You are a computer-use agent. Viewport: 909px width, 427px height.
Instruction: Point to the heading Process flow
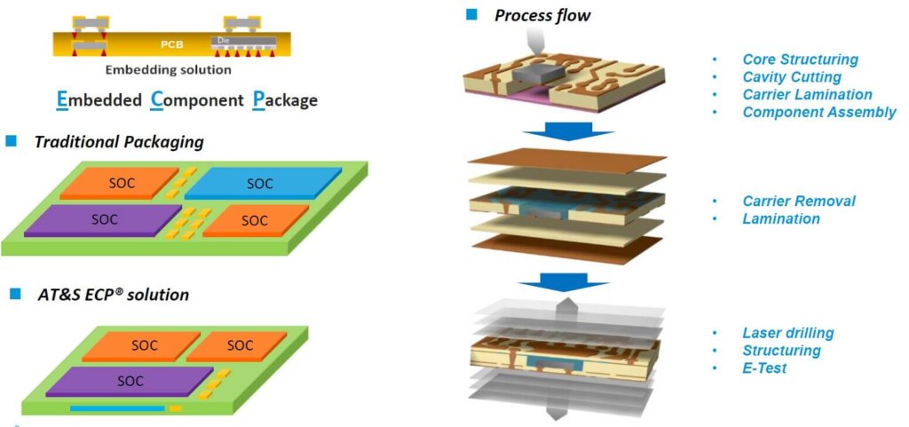pos(541,15)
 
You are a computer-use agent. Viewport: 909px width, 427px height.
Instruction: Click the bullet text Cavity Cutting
pos(792,77)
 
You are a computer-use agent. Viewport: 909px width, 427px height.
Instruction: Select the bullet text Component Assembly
pos(818,112)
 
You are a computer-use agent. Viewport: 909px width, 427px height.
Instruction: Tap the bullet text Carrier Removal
pos(798,201)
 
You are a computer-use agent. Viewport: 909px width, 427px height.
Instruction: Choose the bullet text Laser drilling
pos(787,333)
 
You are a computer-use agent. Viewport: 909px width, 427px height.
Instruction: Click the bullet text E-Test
pos(764,368)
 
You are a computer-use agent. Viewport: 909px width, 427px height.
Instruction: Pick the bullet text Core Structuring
pos(800,59)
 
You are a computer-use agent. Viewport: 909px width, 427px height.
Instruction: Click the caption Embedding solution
pos(168,69)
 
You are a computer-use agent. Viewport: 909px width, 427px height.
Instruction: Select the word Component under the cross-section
pos(197,99)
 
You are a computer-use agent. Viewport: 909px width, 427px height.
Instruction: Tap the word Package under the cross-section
pos(285,99)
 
